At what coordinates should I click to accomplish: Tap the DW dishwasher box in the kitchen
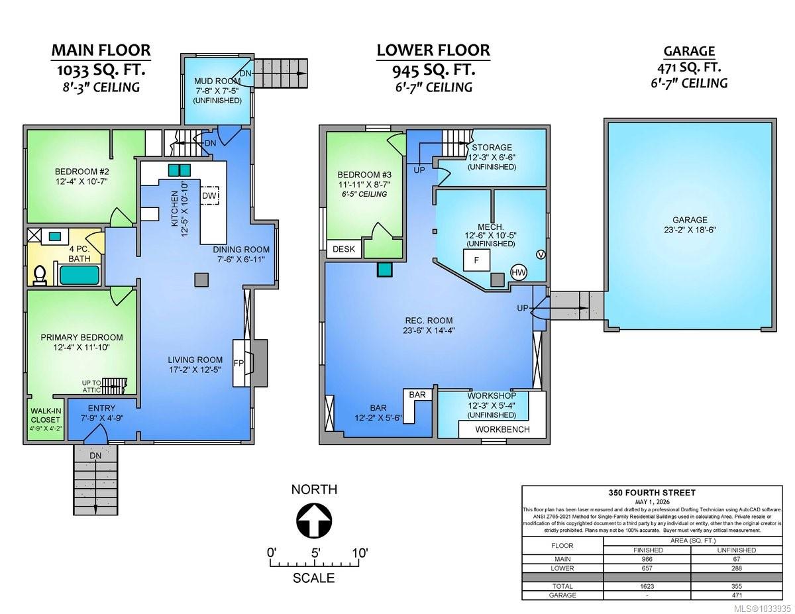[x=209, y=195]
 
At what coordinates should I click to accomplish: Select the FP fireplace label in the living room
[x=238, y=363]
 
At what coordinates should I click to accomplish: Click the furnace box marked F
[x=476, y=260]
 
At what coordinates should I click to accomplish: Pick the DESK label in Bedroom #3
[x=344, y=249]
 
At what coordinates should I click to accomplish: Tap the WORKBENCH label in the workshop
[x=502, y=429]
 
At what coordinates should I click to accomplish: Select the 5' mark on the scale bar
[x=316, y=552]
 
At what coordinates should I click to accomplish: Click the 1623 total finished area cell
[x=647, y=586]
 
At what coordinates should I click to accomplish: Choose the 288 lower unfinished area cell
[x=737, y=568]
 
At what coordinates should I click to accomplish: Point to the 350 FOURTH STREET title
[x=652, y=493]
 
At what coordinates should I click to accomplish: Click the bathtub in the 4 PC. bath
[x=79, y=275]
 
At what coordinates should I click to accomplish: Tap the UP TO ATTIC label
[x=91, y=386]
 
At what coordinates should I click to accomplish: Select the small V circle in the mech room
[x=541, y=254]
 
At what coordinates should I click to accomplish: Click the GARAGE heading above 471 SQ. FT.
[x=689, y=51]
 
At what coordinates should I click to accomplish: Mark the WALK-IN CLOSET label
[x=45, y=415]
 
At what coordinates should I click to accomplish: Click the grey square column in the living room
[x=201, y=280]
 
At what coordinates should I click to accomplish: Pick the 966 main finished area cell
[x=647, y=559]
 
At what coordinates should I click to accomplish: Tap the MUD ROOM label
[x=217, y=81]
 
